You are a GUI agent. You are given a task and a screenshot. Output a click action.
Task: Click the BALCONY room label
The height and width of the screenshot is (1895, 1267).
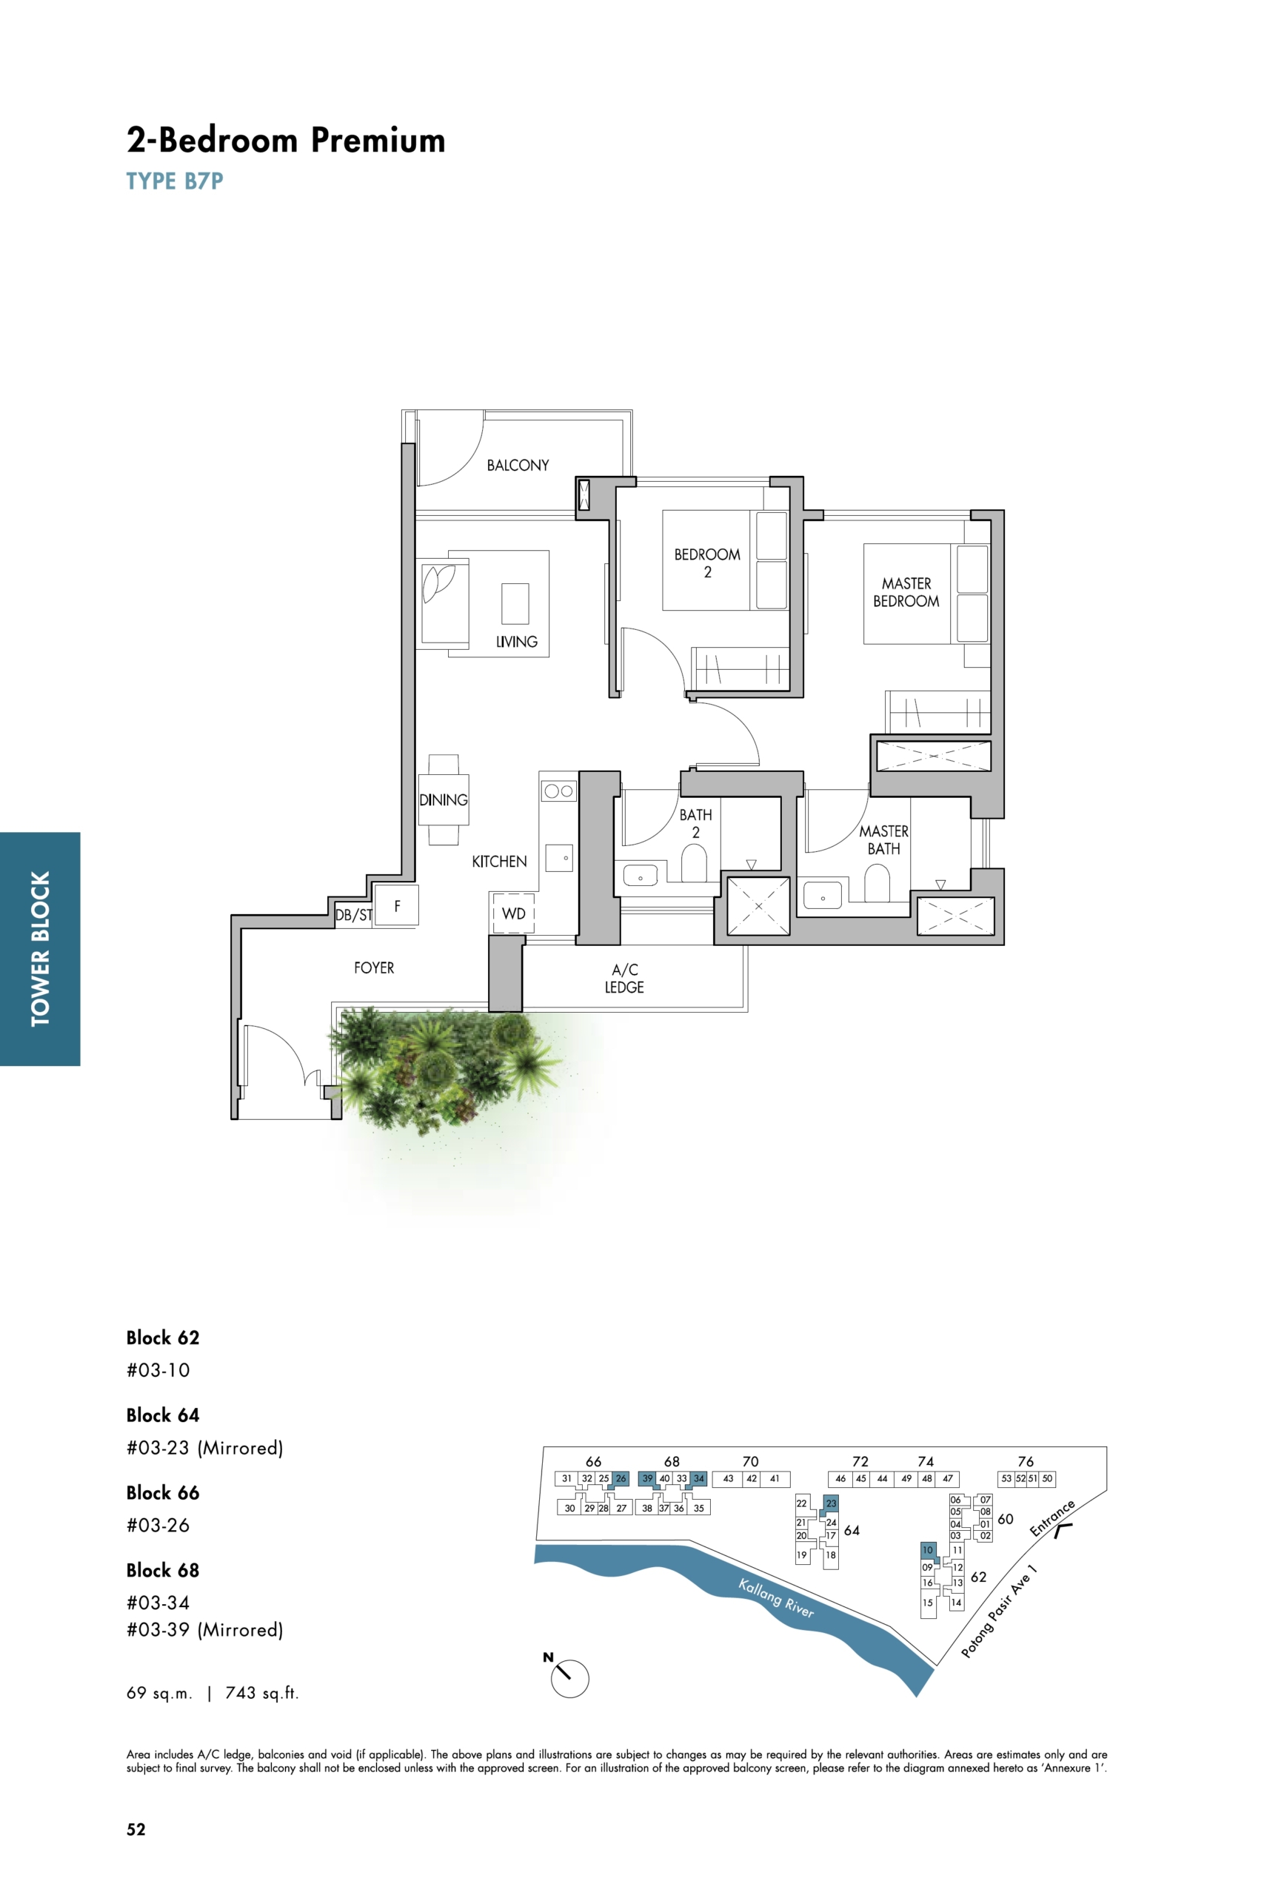pos(517,466)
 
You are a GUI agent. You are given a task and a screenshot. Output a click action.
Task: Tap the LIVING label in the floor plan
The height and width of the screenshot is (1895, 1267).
pos(516,641)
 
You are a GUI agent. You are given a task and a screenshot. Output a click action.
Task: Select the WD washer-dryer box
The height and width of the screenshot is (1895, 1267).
pos(513,913)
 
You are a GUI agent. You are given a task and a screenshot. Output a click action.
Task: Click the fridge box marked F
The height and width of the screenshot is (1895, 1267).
pos(397,905)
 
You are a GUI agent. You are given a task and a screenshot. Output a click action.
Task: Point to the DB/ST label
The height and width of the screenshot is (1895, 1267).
pos(353,915)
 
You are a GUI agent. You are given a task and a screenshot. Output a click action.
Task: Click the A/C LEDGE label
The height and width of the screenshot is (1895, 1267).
pos(624,978)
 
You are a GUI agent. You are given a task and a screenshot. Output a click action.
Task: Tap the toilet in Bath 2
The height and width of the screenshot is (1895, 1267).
pos(693,862)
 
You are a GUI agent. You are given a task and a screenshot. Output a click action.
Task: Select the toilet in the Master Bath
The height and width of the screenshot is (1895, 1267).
pos(877,883)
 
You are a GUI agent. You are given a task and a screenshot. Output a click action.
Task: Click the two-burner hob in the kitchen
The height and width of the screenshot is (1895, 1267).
pos(558,791)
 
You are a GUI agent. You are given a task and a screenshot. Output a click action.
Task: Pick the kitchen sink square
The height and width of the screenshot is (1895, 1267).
pos(559,858)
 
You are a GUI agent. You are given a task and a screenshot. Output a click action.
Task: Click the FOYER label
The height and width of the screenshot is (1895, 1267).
pos(374,967)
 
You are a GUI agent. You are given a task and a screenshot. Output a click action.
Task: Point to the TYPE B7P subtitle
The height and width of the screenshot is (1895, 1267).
pos(175,181)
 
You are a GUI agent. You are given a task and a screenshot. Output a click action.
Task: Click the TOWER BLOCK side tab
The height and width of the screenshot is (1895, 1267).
pos(41,948)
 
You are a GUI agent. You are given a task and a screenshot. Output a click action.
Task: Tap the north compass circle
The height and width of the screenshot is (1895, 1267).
pos(569,1679)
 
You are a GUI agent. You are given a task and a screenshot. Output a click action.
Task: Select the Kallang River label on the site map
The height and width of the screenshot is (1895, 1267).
pos(776,1597)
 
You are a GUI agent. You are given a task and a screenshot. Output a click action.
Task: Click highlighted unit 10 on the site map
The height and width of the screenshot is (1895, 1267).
pos(928,1550)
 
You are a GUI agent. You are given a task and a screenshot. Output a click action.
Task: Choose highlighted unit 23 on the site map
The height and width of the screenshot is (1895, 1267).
pos(831,1503)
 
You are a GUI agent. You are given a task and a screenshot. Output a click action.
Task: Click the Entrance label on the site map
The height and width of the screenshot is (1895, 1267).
pos(1052,1517)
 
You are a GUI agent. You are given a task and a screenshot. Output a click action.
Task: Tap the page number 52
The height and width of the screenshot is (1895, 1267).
pos(136,1830)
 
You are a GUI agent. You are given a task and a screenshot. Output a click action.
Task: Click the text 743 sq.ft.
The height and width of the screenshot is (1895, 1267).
pos(262,1693)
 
